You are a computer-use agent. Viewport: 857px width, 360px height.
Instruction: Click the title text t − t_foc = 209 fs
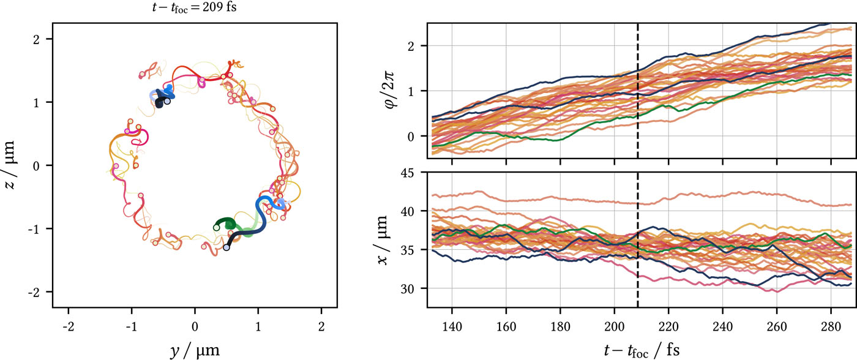[x=195, y=9]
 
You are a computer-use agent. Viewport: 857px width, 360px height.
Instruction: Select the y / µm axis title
[x=195, y=350]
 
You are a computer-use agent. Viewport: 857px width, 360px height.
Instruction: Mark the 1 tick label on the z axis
[x=43, y=102]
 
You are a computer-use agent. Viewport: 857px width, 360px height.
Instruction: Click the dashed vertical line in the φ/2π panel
[x=638, y=92]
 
